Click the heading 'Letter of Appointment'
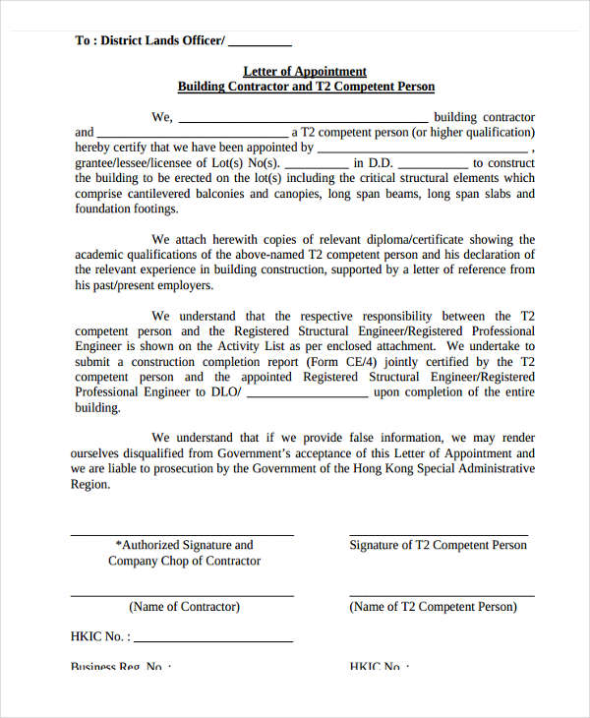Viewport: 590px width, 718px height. coord(305,71)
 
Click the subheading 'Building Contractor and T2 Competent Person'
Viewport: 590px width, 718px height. coord(305,87)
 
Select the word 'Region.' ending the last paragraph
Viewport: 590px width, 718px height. coord(90,485)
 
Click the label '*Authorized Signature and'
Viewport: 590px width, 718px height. coord(184,545)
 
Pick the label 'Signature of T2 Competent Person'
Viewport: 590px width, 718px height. coord(439,545)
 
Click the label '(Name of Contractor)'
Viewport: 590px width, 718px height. coord(184,607)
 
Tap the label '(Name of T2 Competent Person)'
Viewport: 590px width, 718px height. coord(433,607)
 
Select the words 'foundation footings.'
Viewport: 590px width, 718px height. coord(127,209)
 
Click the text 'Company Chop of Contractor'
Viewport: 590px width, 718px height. coord(184,561)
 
